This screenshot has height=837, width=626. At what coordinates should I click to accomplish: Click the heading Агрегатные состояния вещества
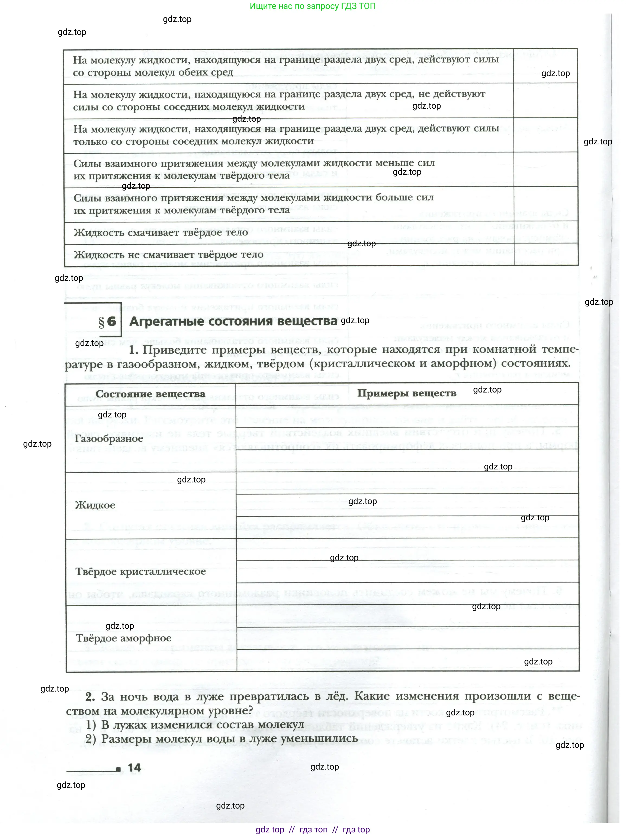pyautogui.click(x=233, y=321)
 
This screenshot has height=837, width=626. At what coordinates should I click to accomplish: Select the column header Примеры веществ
pyautogui.click(x=406, y=393)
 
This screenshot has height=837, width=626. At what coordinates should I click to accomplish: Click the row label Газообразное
pyautogui.click(x=109, y=439)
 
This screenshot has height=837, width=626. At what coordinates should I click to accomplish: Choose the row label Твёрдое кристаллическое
pyautogui.click(x=140, y=571)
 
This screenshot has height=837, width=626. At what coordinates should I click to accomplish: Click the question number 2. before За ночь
pyautogui.click(x=90, y=697)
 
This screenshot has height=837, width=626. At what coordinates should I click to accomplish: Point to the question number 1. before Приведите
pyautogui.click(x=133, y=350)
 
